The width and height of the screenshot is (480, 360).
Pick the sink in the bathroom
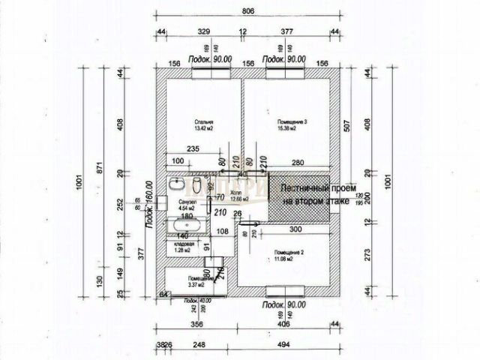coord(178,183)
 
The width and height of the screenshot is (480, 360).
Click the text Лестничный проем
coord(314,190)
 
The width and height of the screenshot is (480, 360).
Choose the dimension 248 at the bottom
coord(198,344)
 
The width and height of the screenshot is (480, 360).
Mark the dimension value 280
coord(298,162)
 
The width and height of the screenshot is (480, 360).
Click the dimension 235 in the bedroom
coord(192,149)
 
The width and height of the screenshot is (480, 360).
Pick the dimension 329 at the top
coord(202,32)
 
